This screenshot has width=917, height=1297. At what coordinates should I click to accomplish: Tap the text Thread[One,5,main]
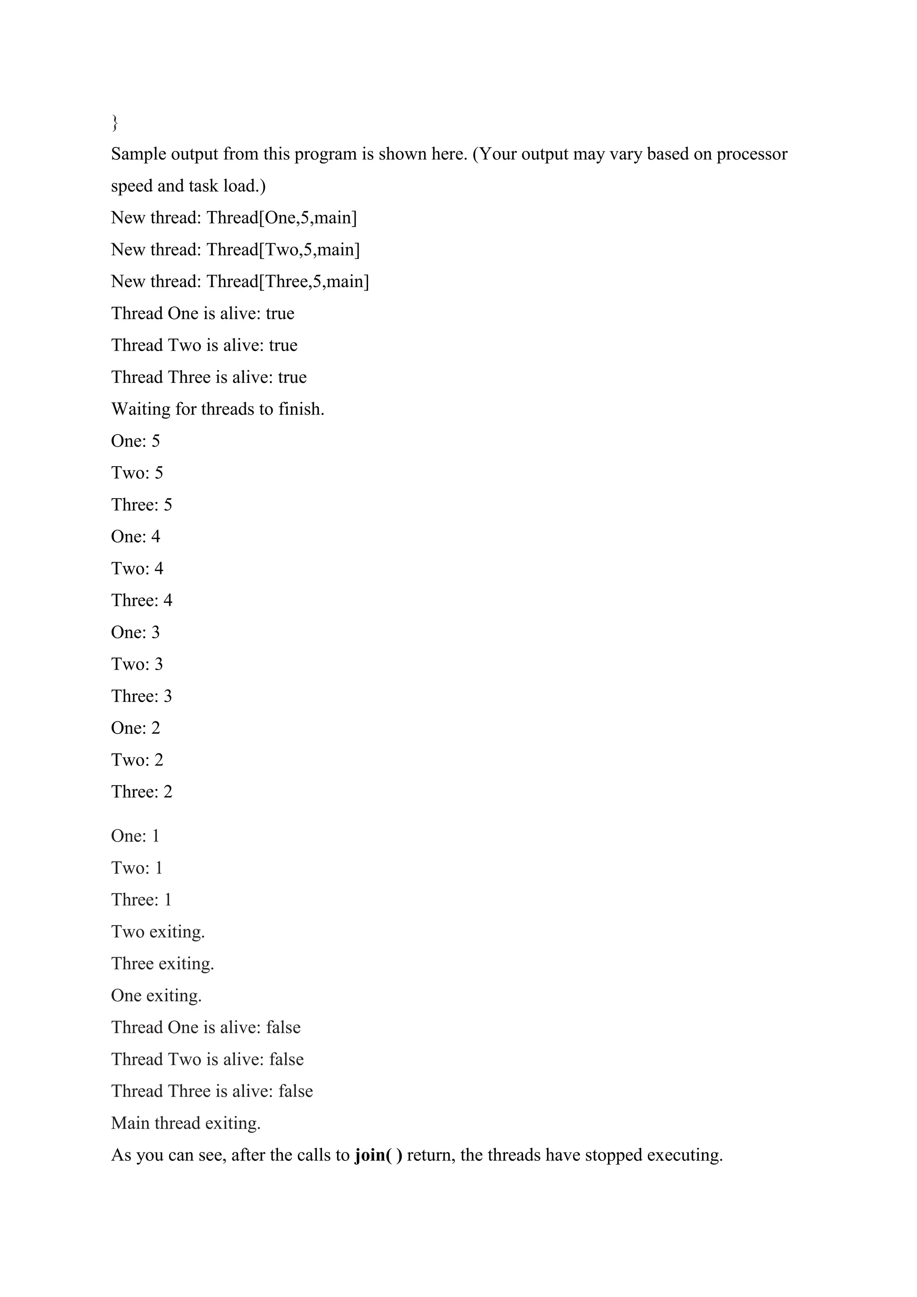(282, 218)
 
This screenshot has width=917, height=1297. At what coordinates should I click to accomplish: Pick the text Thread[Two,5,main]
(283, 250)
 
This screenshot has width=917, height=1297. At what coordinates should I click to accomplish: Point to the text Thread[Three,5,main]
(287, 282)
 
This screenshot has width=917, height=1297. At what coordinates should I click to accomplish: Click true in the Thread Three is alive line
(292, 378)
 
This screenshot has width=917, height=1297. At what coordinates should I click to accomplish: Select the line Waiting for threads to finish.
(218, 409)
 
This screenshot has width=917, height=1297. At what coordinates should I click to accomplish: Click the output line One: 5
(136, 441)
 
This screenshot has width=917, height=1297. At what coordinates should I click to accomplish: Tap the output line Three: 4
(142, 601)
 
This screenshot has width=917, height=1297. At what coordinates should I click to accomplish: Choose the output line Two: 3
(137, 664)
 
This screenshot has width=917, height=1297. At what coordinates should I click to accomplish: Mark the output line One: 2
(136, 728)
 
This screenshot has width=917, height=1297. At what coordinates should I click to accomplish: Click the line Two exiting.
(158, 932)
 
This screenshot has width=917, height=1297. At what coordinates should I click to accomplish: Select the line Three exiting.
(163, 964)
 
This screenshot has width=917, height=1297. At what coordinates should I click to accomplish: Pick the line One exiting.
(156, 995)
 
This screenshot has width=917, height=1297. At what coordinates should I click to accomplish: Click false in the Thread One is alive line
(283, 1027)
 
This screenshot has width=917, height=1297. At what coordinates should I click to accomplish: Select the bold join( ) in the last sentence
(378, 1155)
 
